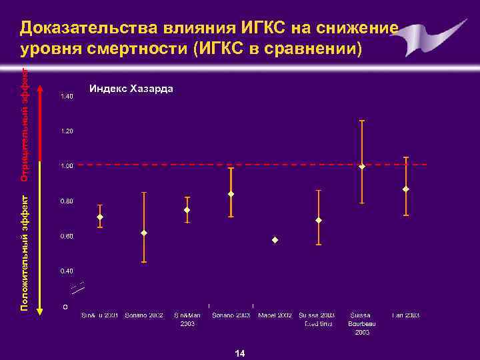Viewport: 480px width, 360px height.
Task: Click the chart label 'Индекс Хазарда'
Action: (x=131, y=89)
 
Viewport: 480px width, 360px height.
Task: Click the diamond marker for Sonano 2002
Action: (x=144, y=233)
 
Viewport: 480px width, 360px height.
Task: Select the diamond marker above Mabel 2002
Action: (x=275, y=239)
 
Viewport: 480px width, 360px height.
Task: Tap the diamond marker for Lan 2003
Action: (x=405, y=189)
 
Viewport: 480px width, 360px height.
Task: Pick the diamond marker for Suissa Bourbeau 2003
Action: (x=362, y=167)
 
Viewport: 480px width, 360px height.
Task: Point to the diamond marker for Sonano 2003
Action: (x=231, y=194)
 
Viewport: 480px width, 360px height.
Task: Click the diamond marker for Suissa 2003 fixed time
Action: (x=319, y=220)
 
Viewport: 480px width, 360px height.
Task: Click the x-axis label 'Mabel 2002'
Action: (x=275, y=315)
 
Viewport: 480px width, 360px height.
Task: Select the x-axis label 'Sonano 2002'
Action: (x=144, y=315)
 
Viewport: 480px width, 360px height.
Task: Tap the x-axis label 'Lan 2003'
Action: (x=405, y=315)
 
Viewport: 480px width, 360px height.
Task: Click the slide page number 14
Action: (x=240, y=353)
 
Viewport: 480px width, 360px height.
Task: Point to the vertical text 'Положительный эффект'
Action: (x=24, y=252)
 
